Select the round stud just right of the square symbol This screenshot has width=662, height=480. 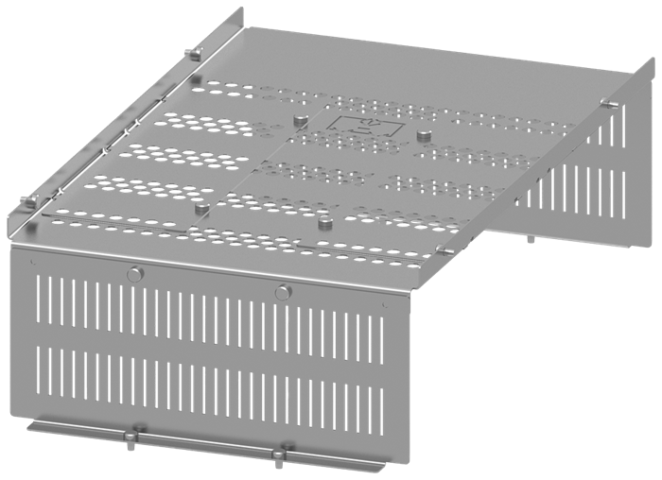423,136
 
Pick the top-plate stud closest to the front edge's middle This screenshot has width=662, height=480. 325,221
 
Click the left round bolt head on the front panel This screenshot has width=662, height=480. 134,274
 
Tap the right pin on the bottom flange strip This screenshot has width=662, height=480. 280,453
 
